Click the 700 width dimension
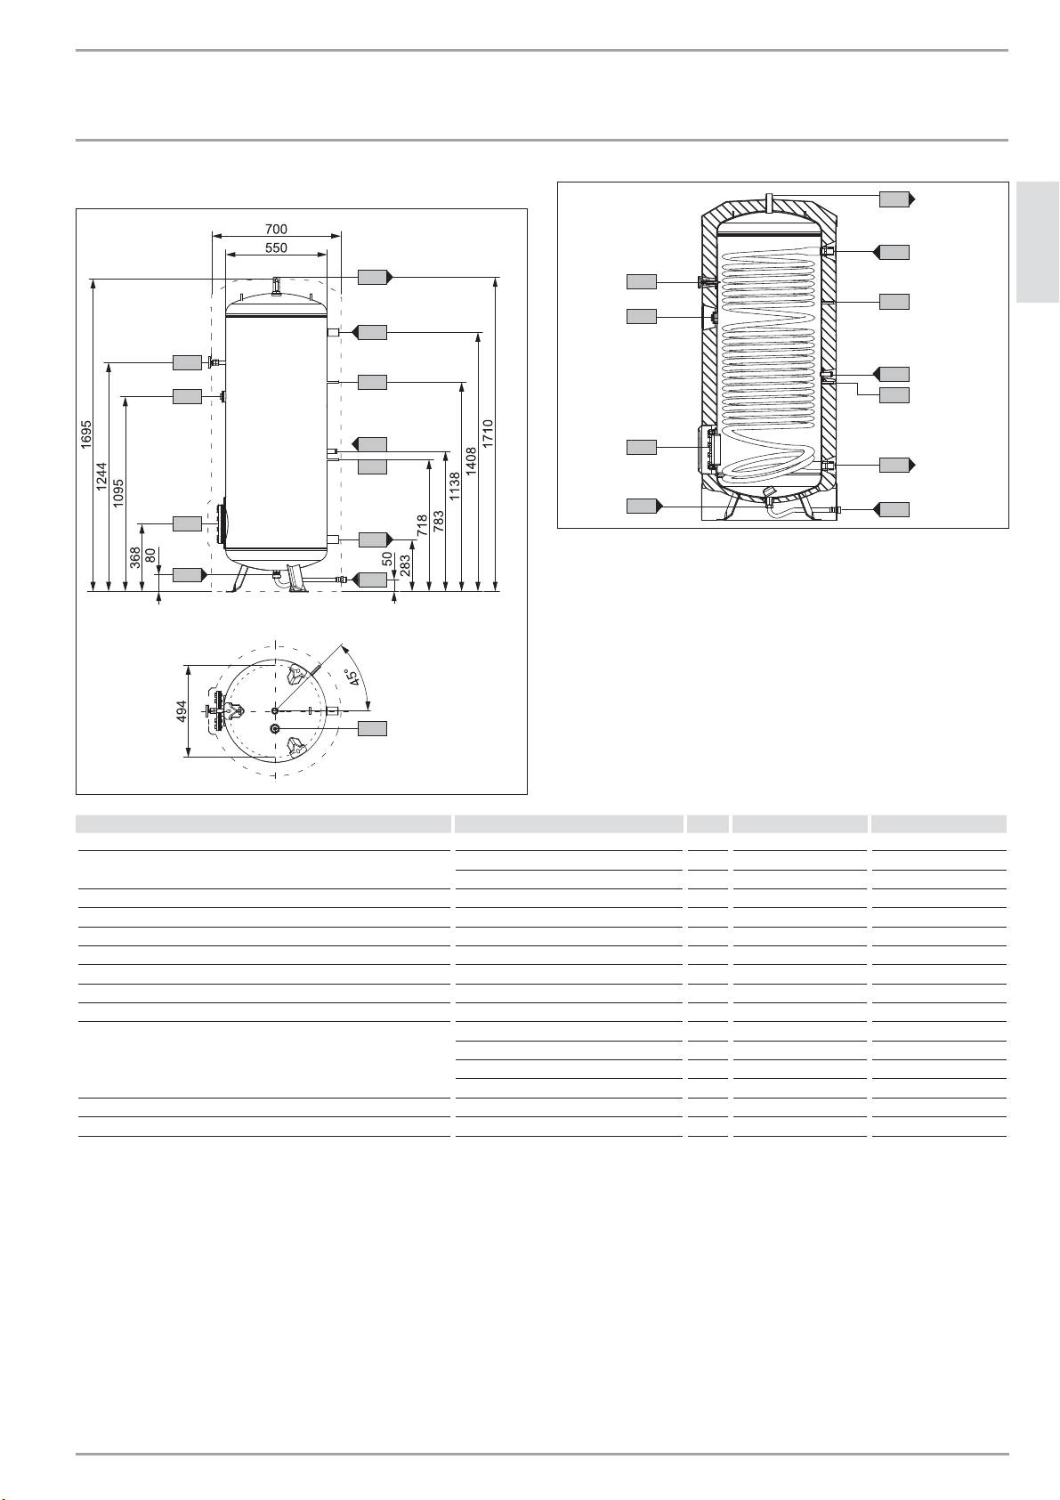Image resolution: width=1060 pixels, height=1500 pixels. (276, 230)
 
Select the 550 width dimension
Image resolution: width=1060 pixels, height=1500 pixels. (276, 248)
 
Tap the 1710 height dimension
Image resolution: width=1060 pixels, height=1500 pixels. (488, 434)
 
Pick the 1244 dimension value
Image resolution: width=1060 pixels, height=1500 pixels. (101, 478)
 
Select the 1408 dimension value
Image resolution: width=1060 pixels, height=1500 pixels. (471, 460)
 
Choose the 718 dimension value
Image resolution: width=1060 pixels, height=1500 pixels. (422, 525)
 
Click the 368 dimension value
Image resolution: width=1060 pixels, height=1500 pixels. (134, 558)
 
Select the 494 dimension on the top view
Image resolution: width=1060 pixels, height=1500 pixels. (181, 711)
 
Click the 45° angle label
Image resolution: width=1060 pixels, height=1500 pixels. (353, 679)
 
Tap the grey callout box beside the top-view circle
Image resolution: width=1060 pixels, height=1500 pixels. (373, 728)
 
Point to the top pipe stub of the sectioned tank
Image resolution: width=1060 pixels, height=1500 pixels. (771, 201)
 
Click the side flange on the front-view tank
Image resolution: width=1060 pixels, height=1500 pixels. (222, 523)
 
